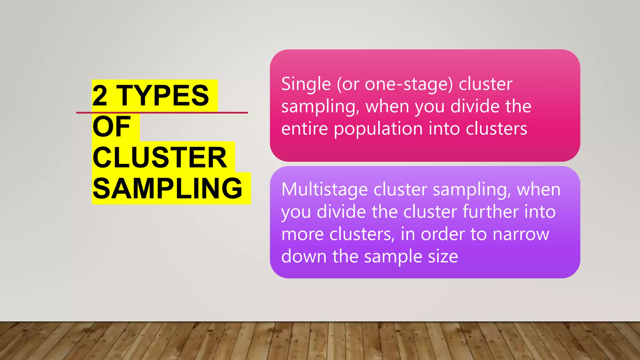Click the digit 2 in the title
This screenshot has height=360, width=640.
(100, 96)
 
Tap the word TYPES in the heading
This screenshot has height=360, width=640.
(162, 96)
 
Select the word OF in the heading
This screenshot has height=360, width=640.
(112, 127)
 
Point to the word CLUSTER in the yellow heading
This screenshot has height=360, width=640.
(160, 157)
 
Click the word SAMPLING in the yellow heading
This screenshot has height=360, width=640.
(167, 188)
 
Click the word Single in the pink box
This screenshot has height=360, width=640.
(306, 84)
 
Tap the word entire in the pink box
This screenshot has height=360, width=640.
(304, 129)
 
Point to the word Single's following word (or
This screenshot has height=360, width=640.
(347, 84)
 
